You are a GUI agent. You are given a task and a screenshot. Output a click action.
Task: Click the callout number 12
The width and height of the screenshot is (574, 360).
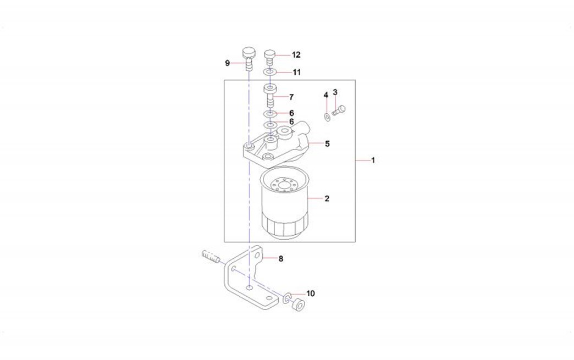[296, 55]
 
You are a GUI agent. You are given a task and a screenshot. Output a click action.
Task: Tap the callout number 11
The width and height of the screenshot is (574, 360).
[296, 72]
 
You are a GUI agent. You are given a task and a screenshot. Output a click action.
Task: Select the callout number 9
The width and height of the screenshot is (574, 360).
[227, 63]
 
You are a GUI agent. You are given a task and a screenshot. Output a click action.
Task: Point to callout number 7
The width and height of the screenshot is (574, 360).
[291, 97]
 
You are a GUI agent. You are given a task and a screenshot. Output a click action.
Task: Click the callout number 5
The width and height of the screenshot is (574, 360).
[327, 143]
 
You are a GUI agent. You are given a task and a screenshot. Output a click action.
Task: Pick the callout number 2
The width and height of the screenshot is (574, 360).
[327, 198]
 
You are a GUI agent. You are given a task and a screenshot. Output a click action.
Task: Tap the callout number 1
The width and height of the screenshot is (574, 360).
[373, 160]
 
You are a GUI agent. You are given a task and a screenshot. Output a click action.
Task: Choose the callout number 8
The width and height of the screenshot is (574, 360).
[281, 259]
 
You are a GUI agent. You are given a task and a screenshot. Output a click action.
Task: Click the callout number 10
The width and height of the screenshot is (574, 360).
[311, 293]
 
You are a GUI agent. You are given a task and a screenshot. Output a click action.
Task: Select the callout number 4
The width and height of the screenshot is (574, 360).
[326, 96]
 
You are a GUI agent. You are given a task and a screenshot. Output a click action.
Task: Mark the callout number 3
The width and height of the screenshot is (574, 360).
[335, 92]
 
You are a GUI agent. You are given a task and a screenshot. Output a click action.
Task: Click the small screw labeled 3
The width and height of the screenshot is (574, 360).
[339, 110]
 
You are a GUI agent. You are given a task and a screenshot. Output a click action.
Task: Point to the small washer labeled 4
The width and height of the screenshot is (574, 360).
[326, 118]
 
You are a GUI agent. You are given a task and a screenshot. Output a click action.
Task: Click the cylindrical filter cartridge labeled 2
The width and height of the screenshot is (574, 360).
[285, 202]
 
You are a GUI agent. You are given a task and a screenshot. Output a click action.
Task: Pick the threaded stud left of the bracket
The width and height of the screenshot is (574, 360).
[211, 257]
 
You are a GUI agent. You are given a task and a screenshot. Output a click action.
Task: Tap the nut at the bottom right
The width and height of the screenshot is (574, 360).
[299, 304]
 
